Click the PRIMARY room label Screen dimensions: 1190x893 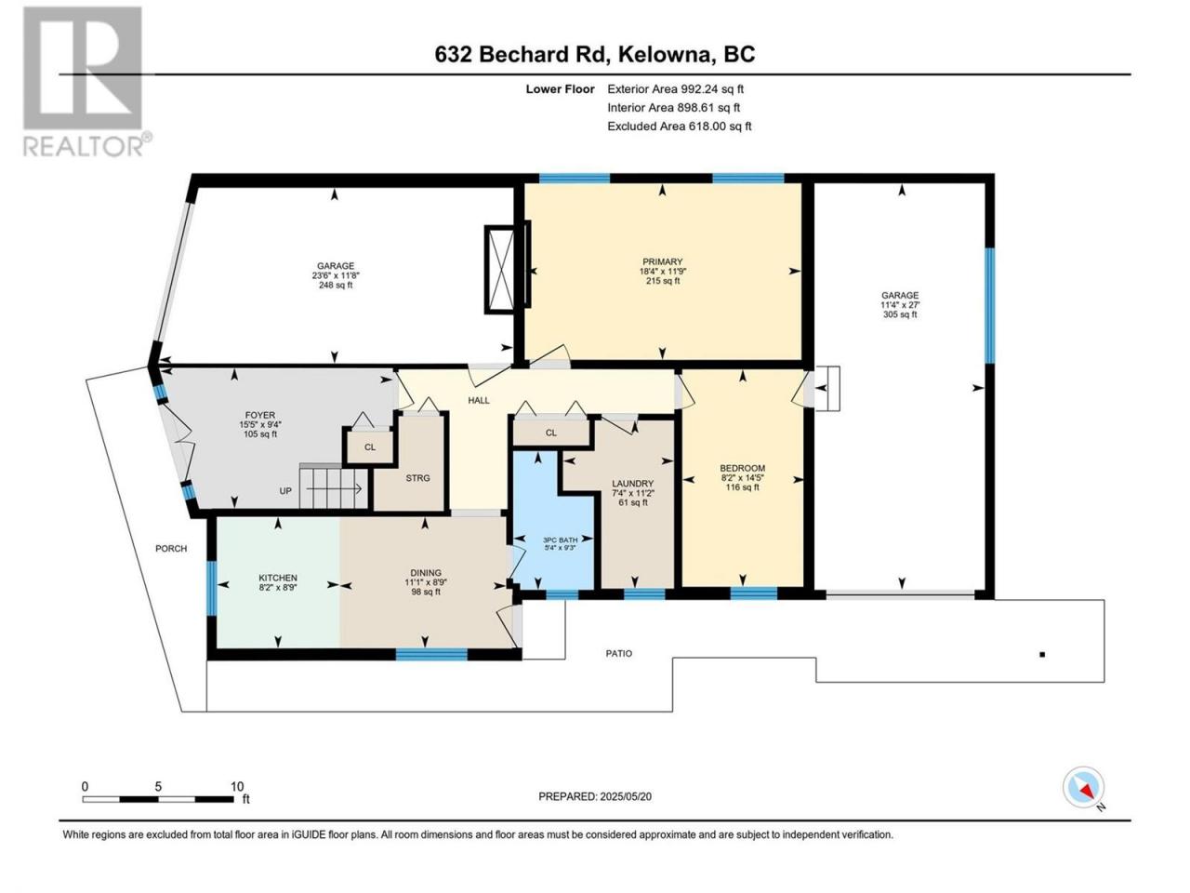[662, 262]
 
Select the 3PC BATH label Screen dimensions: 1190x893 [560, 540]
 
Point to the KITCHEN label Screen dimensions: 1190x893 [278, 578]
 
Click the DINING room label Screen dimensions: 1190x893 [426, 573]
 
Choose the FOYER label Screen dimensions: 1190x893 [259, 415]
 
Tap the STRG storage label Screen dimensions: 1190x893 [417, 478]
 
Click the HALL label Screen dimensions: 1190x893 [479, 401]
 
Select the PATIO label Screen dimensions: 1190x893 [618, 654]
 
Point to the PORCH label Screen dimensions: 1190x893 [171, 549]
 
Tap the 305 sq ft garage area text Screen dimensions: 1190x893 [899, 314]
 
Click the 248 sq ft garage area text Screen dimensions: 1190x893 [336, 286]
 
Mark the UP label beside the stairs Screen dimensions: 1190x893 [285, 491]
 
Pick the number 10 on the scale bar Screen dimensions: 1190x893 [237, 787]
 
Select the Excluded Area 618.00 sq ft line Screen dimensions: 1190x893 [679, 127]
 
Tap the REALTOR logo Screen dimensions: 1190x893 [86, 81]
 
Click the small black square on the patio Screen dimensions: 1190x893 [1041, 655]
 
